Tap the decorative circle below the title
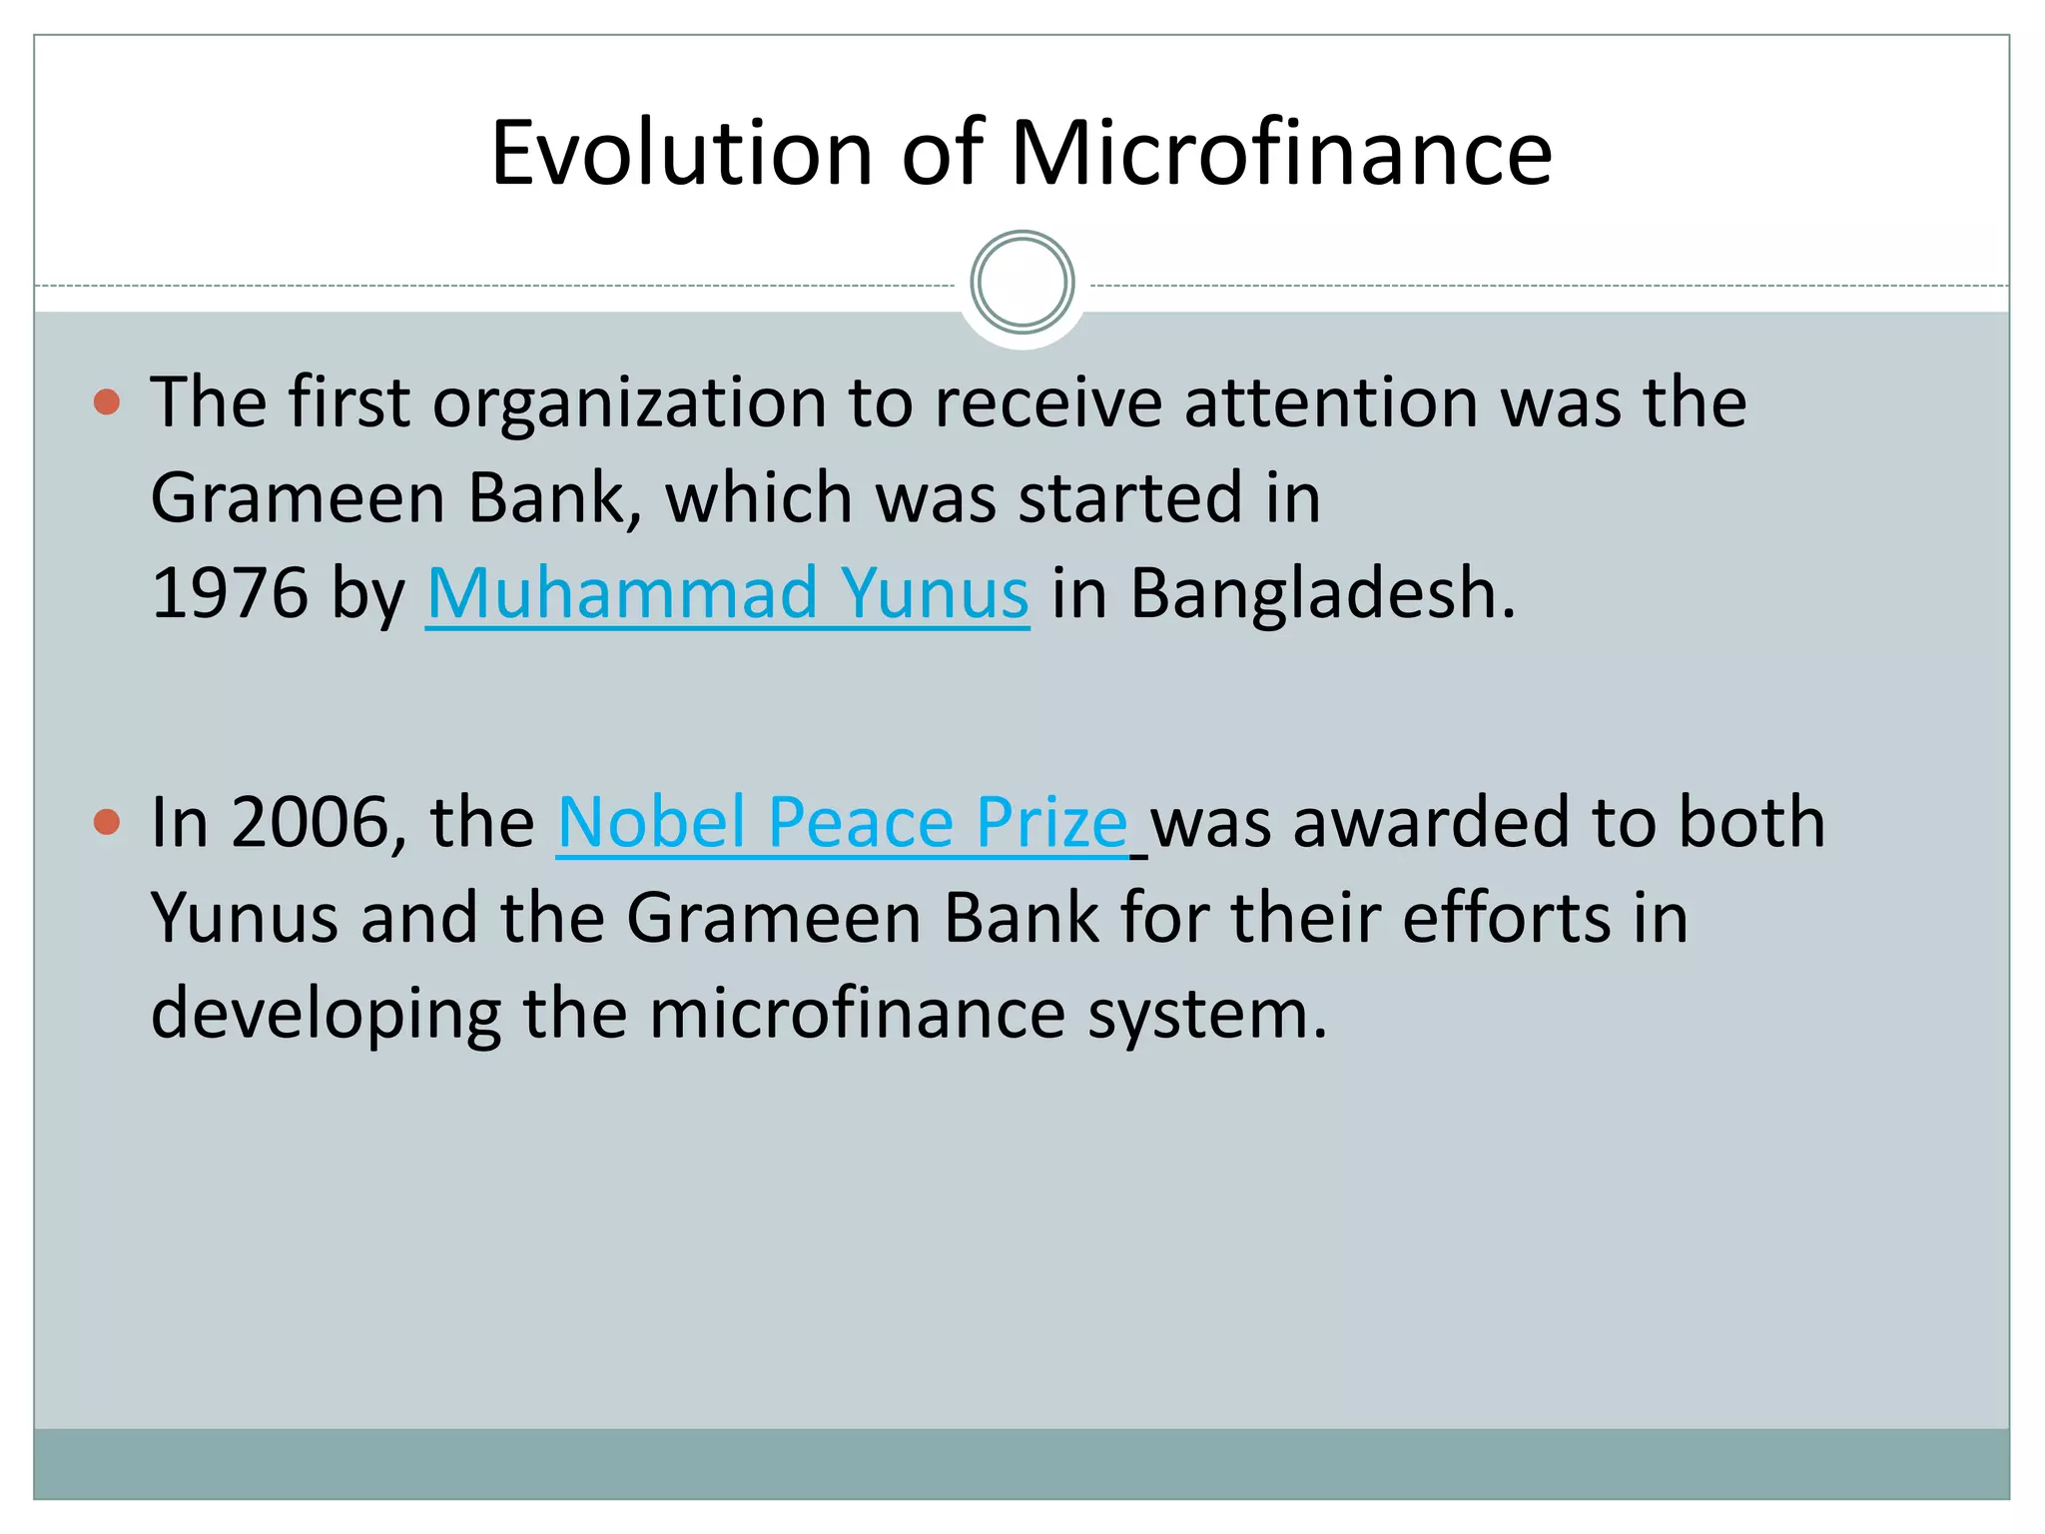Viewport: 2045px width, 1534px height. point(1022,283)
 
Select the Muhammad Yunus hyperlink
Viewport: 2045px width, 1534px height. point(727,593)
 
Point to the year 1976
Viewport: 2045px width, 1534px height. point(230,593)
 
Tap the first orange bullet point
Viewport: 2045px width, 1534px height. point(106,402)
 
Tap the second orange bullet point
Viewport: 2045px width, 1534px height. point(106,822)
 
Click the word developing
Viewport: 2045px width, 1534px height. point(326,1014)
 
